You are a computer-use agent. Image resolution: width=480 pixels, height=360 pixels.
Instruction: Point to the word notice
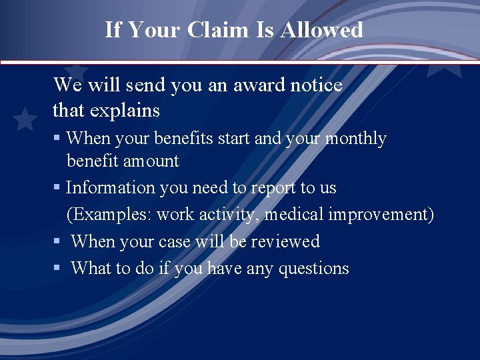click(317, 85)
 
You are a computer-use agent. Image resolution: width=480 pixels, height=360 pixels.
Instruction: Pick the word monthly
click(355, 139)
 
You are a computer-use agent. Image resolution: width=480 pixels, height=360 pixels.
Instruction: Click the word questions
click(313, 268)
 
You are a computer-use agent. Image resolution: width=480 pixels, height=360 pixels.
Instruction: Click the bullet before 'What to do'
click(57, 269)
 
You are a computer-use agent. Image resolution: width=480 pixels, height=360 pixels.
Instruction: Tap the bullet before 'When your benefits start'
click(57, 139)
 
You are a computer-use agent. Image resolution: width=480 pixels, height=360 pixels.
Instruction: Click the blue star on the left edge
click(25, 119)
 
